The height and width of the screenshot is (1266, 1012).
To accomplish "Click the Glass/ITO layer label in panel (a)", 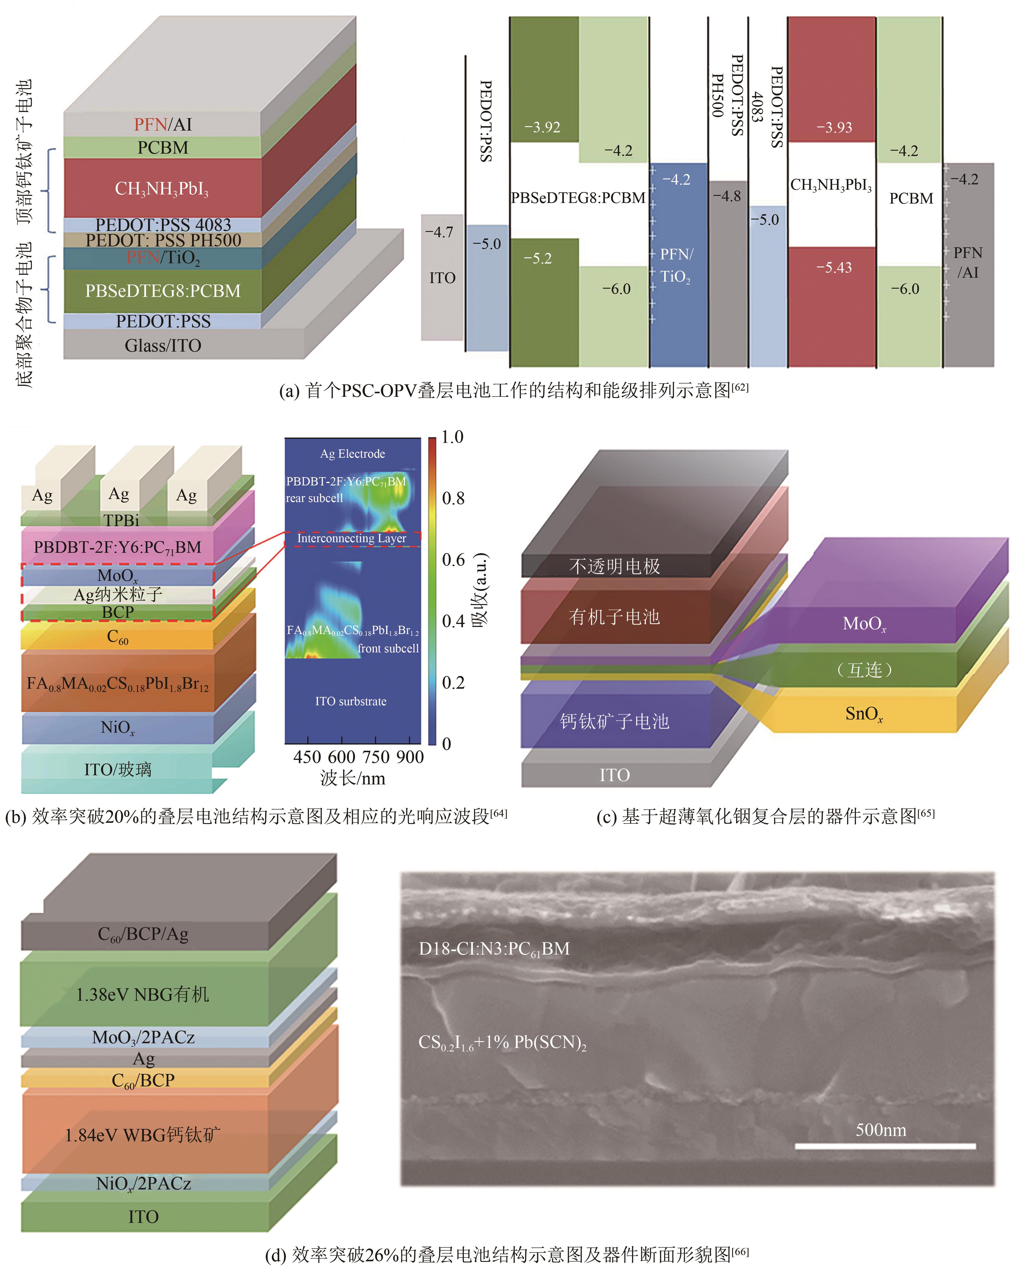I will click(x=163, y=345).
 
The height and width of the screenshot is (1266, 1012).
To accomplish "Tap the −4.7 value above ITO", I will click(x=439, y=233).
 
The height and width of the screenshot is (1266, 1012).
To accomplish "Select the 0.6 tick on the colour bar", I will click(x=454, y=560).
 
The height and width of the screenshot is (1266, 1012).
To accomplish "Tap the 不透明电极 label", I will click(x=614, y=566).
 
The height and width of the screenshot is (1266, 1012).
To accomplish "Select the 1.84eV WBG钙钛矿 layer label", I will click(x=143, y=1135).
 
